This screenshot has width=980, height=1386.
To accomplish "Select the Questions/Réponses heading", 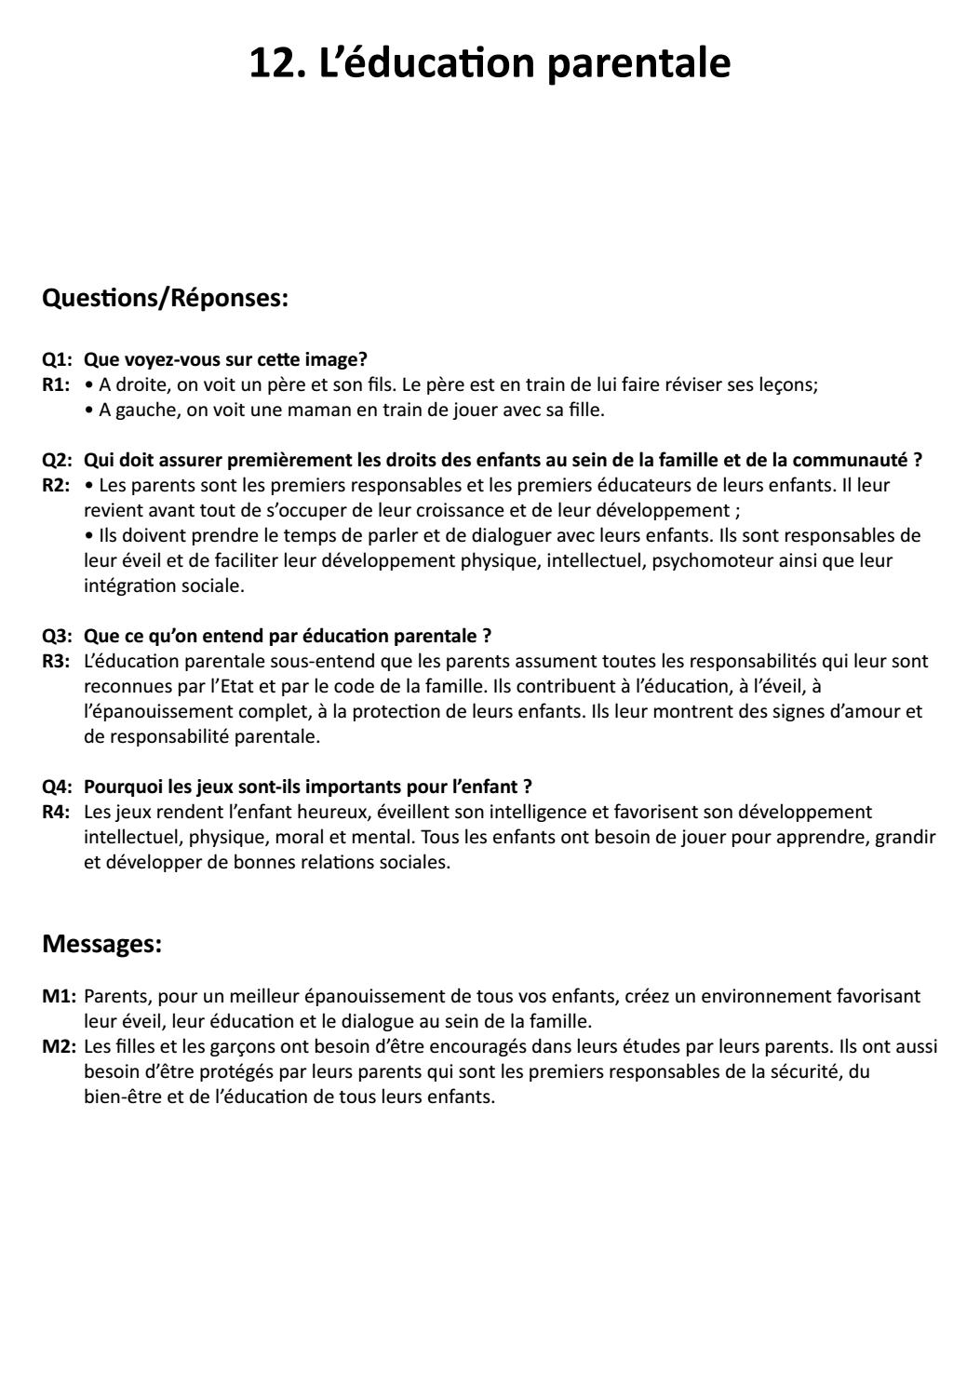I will pyautogui.click(x=166, y=299).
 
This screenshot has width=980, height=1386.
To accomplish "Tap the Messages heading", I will pyautogui.click(x=102, y=944).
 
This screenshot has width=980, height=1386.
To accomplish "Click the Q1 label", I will pyautogui.click(x=57, y=359).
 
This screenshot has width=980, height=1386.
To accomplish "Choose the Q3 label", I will pyautogui.click(x=57, y=636).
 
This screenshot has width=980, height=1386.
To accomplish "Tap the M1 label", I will pyautogui.click(x=58, y=996).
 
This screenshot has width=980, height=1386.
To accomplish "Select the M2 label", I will pyautogui.click(x=58, y=1046).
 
